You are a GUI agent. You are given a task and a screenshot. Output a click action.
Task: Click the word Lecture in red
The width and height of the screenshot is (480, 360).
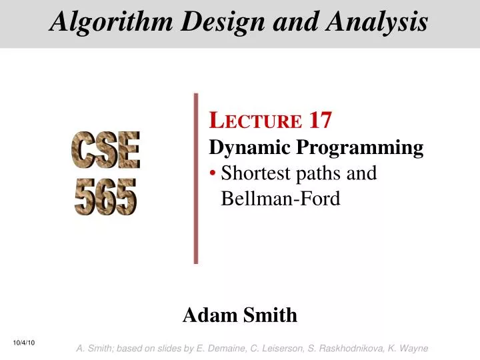pos(256,121)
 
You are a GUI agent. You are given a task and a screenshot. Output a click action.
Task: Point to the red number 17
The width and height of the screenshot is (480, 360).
pos(321,121)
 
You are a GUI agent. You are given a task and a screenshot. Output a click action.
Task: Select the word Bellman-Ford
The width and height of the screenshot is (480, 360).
pos(280,198)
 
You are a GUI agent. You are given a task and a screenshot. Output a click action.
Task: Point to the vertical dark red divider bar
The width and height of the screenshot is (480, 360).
pos(196,178)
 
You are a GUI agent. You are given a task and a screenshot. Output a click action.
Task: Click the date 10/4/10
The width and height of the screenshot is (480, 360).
pos(24,343)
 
